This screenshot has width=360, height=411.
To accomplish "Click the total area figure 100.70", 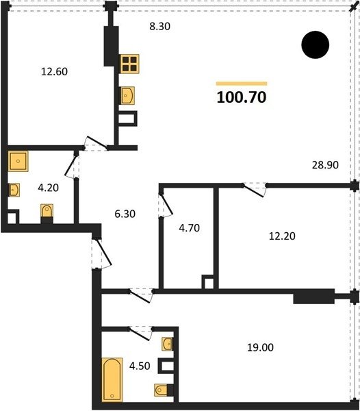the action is pyautogui.click(x=242, y=97).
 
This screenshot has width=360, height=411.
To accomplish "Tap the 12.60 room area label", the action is pyautogui.click(x=55, y=71).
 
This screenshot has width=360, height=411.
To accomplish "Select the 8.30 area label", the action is pyautogui.click(x=159, y=27).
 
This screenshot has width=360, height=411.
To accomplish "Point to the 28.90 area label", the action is pyautogui.click(x=325, y=165).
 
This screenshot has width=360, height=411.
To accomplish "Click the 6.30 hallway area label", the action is pyautogui.click(x=125, y=214).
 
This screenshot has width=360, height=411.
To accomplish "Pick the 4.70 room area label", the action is pyautogui.click(x=190, y=228).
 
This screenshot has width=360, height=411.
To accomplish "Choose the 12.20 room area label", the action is pyautogui.click(x=282, y=236).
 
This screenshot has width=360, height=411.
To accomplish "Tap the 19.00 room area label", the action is pyautogui.click(x=261, y=347).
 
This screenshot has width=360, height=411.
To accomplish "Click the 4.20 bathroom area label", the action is pyautogui.click(x=48, y=188).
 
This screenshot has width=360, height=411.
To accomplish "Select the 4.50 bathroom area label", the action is pyautogui.click(x=140, y=366).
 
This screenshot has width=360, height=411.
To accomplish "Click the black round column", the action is pyautogui.click(x=316, y=45).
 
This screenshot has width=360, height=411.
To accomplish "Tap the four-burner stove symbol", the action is pyautogui.click(x=129, y=64).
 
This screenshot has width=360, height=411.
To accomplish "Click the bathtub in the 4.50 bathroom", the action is pyautogui.click(x=112, y=379).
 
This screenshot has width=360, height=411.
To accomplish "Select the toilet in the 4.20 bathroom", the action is pyautogui.click(x=47, y=211).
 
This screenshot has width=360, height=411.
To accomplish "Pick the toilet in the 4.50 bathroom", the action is pyautogui.click(x=161, y=390).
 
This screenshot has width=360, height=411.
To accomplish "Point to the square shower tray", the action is pyautogui.click(x=18, y=161).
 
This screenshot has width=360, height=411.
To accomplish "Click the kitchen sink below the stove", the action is pyautogui.click(x=127, y=96).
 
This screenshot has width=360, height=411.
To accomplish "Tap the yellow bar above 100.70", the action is pyautogui.click(x=242, y=84).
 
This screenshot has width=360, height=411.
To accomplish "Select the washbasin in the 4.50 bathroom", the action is pyautogui.click(x=167, y=344).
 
